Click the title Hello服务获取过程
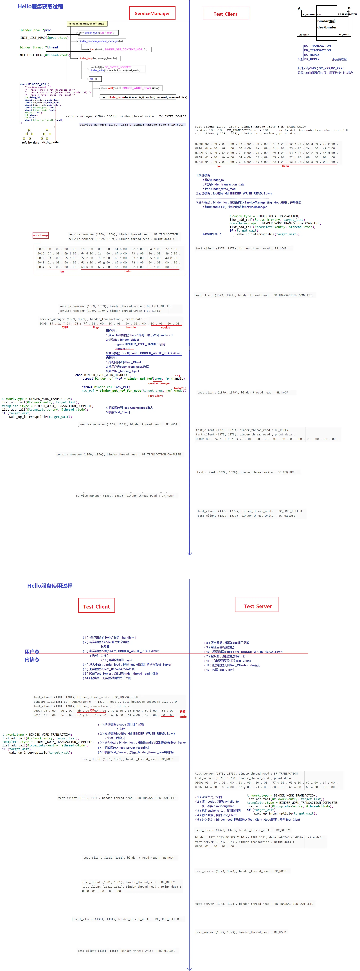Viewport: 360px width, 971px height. [40, 6]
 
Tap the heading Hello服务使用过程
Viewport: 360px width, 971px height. [50, 585]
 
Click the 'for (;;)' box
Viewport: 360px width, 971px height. [93, 79]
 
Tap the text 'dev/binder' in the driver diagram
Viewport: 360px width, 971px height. [327, 27]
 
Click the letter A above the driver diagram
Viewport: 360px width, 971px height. [299, 8]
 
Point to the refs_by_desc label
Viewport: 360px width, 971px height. [30, 142]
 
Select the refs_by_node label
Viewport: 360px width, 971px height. [49, 142]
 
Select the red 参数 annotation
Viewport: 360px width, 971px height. [183, 712]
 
